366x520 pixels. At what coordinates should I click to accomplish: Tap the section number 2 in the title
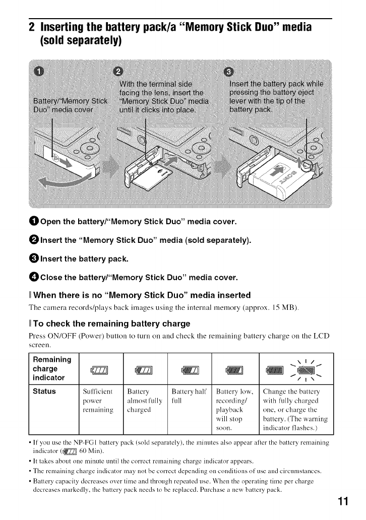point(31,26)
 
